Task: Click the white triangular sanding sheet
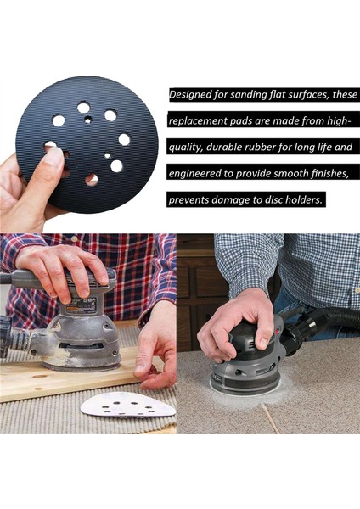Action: pos(128,407)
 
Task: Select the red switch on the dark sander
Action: pos(278,332)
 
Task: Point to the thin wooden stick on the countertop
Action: pos(270,418)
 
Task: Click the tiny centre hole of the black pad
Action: pos(87,120)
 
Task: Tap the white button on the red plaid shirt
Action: pos(74,239)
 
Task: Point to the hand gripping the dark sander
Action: pos(234,327)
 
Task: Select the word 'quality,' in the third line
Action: pos(186,148)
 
